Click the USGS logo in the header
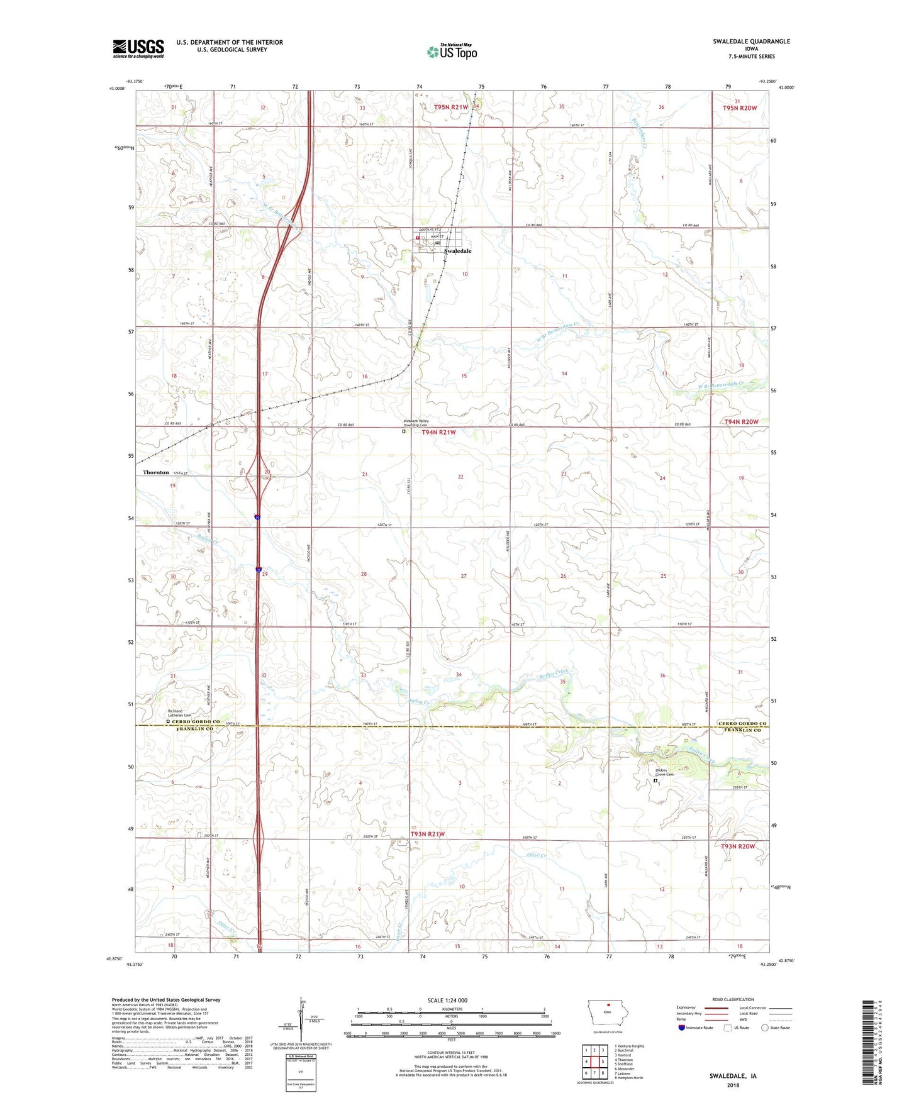(x=138, y=48)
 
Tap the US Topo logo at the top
(x=451, y=52)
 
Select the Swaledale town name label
(x=457, y=251)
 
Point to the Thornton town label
(x=155, y=472)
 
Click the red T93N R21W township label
(x=427, y=834)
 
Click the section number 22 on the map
(x=460, y=477)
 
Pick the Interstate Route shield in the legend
(x=682, y=1028)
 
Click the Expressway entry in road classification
(x=690, y=1007)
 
